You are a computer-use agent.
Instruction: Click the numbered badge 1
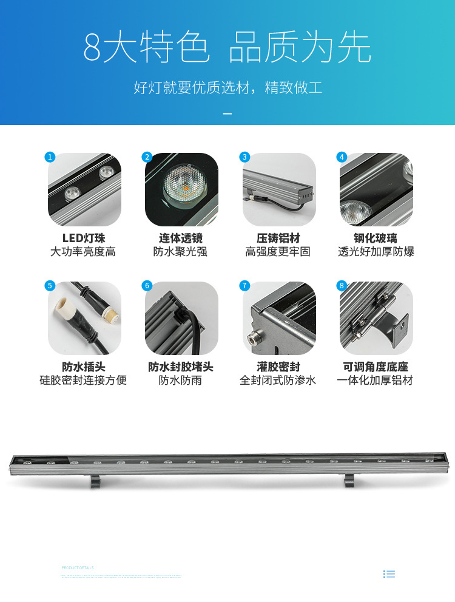coord(50,157)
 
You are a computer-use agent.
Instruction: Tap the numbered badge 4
coord(342,157)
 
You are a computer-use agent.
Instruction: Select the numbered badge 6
coord(147,286)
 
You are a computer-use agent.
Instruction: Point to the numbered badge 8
coord(342,286)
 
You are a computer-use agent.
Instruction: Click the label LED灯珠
coord(84,238)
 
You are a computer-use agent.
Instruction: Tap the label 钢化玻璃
coord(376,238)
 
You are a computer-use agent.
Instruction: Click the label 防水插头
coord(84,367)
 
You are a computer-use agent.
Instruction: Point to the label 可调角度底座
coord(376,367)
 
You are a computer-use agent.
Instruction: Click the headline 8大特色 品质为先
coord(227,48)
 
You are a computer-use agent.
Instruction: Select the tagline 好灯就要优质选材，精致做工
coord(227,87)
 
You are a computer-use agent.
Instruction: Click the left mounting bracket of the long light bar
coord(96,481)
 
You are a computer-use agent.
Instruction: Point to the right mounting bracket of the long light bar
coord(350,481)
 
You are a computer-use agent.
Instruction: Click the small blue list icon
coord(389,573)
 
